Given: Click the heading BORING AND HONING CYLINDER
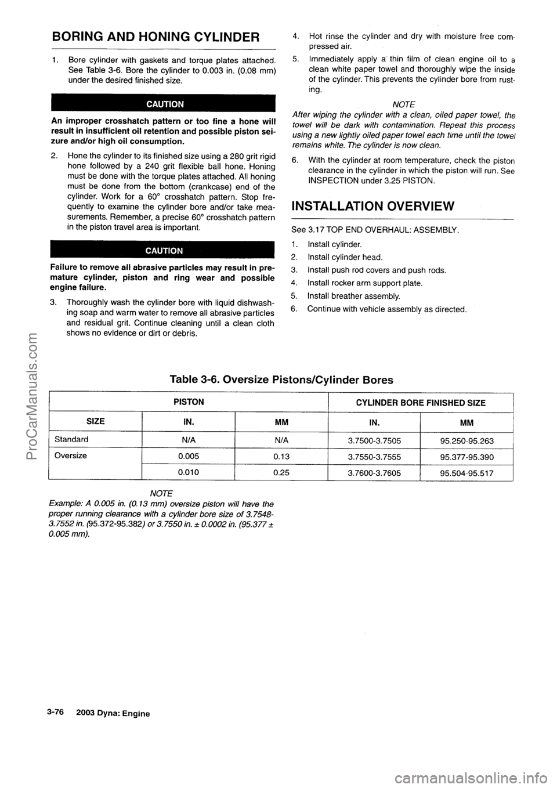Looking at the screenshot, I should click(x=155, y=38).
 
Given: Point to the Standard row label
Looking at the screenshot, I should click(x=71, y=439).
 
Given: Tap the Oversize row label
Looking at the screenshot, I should click(x=71, y=456).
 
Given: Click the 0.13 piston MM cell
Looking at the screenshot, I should click(x=281, y=456).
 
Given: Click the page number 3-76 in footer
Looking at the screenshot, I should click(x=56, y=713).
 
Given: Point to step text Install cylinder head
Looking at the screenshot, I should click(x=345, y=257).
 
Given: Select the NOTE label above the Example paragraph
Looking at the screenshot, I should click(x=155, y=494).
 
